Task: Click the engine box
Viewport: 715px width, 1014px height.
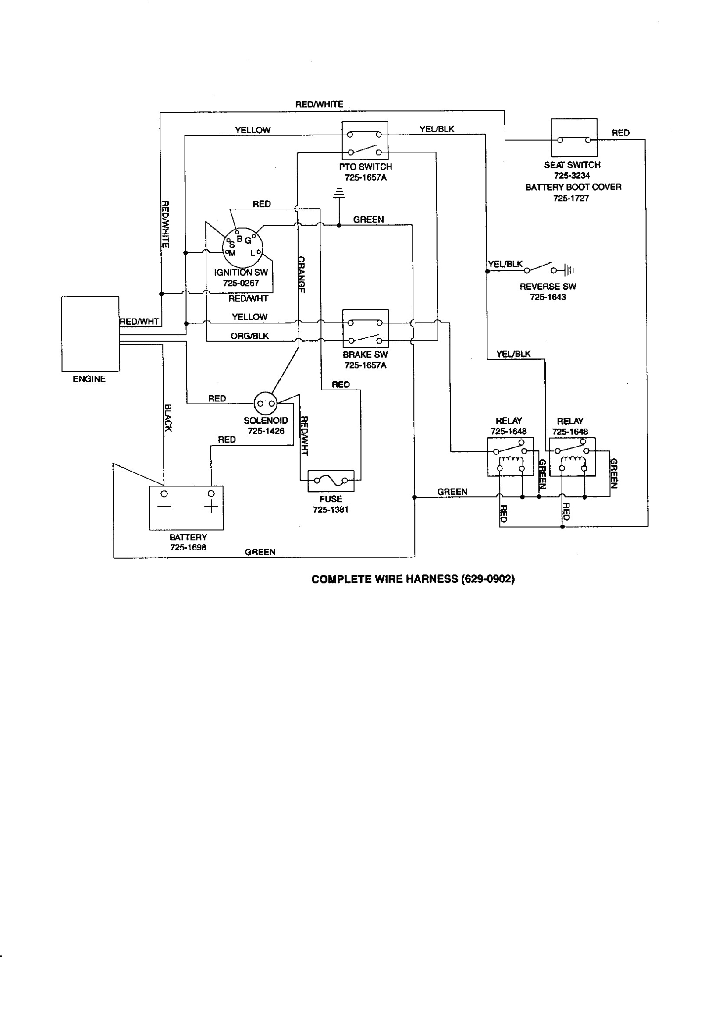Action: [90, 333]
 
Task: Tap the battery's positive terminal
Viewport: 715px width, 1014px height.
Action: [211, 493]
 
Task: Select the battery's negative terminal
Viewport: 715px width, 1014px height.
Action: [164, 493]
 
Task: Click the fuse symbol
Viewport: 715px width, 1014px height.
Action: [331, 481]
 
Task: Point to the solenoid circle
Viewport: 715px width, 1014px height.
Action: [266, 403]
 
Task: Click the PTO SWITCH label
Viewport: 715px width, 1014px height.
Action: [366, 167]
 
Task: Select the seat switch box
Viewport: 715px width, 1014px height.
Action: [573, 138]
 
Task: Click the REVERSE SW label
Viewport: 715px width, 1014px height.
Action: [548, 286]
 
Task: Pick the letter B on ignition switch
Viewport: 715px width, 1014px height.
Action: [239, 239]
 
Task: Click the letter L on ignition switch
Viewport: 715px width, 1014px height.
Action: [253, 253]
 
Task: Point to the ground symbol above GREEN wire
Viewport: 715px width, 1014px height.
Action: [339, 193]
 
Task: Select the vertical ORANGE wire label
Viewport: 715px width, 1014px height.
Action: [301, 274]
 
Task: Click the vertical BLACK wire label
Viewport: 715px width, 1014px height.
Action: [168, 418]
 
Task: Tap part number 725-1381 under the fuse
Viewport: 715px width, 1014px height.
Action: [331, 509]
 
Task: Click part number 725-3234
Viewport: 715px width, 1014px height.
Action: [572, 175]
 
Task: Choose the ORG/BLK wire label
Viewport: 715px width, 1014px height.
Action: [250, 336]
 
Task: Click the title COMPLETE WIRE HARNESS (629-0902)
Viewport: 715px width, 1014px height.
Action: [413, 579]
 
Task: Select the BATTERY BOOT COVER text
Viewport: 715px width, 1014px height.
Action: [573, 187]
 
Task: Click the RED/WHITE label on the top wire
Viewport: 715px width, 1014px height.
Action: [319, 104]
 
